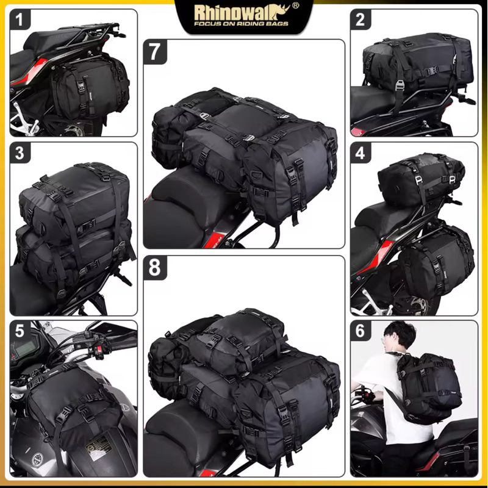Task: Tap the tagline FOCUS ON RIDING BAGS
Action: (x=241, y=24)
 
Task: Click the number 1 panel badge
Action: (x=20, y=20)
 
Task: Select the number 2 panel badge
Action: (x=361, y=20)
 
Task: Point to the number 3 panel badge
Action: (x=20, y=152)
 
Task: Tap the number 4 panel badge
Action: (x=361, y=152)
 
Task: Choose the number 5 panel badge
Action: (x=20, y=331)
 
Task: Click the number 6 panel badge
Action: (x=361, y=331)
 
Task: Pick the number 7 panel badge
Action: (x=155, y=52)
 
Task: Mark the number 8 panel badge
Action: (x=155, y=268)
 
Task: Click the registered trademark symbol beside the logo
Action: (x=296, y=5)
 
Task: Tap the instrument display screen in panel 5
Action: (x=24, y=348)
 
